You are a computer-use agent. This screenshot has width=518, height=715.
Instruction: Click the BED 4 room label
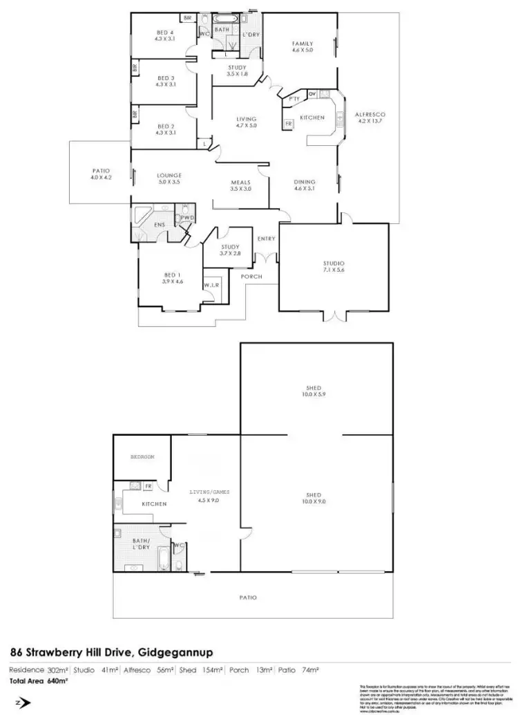(x=164, y=35)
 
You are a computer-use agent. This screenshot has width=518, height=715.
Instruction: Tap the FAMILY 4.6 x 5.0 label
(x=302, y=46)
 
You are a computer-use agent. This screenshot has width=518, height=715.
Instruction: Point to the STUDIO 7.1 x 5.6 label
(x=333, y=267)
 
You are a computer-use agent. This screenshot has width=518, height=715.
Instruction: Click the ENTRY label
(x=266, y=239)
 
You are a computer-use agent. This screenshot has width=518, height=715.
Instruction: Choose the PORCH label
(x=250, y=277)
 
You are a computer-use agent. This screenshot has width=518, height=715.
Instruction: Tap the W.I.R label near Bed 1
(x=211, y=286)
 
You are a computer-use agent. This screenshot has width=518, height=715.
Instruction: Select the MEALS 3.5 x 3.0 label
(x=240, y=185)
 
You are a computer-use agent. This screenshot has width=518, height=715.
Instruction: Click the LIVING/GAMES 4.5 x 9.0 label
(x=208, y=496)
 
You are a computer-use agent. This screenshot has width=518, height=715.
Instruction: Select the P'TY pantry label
(x=294, y=99)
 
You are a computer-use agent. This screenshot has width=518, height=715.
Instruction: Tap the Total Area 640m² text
(x=34, y=680)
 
